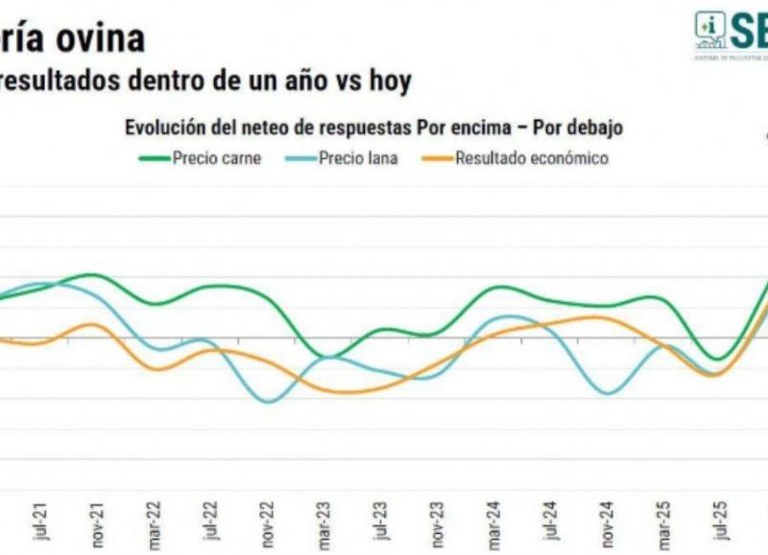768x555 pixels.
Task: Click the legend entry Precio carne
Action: tap(216, 158)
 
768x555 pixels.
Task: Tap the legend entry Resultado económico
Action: tap(531, 158)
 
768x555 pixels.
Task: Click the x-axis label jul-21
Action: tap(39, 522)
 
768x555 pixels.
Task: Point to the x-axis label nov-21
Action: tap(95, 522)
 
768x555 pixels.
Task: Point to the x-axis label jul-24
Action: tap(547, 522)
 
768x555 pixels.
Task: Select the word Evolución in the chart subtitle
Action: tap(163, 127)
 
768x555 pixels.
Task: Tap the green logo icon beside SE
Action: tap(711, 31)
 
